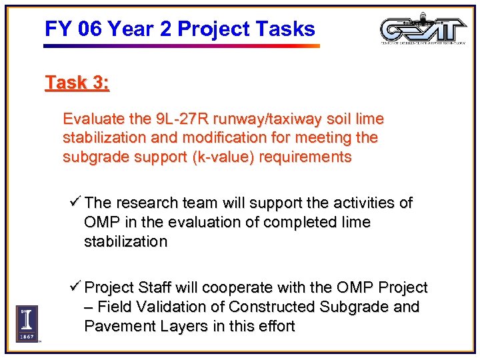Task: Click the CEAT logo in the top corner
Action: point(423,30)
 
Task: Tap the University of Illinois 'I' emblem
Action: point(27,319)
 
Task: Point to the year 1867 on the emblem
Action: point(27,337)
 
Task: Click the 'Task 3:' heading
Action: point(77,83)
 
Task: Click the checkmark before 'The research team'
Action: point(75,202)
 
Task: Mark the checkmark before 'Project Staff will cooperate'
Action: point(75,287)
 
